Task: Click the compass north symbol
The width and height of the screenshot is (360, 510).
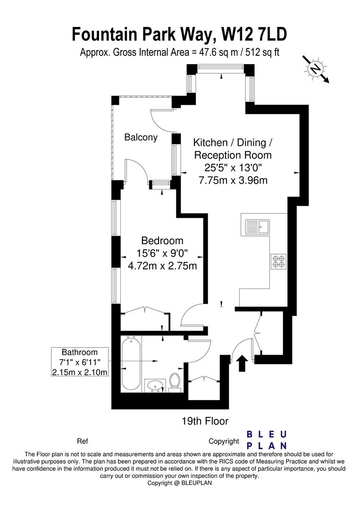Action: click(315, 69)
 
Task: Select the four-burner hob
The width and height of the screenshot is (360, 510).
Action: click(278, 262)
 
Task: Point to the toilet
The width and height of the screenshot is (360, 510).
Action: click(174, 382)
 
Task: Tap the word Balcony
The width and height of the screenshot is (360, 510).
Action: click(141, 137)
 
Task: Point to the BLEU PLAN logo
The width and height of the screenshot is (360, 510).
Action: click(267, 440)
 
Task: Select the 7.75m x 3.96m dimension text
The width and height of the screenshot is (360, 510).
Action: click(233, 179)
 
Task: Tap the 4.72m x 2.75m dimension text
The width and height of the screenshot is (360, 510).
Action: click(162, 266)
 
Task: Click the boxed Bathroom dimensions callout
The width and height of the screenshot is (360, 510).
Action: click(81, 362)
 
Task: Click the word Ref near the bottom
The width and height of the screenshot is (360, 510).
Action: click(82, 442)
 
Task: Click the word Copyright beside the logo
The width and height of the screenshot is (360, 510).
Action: click(224, 442)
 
